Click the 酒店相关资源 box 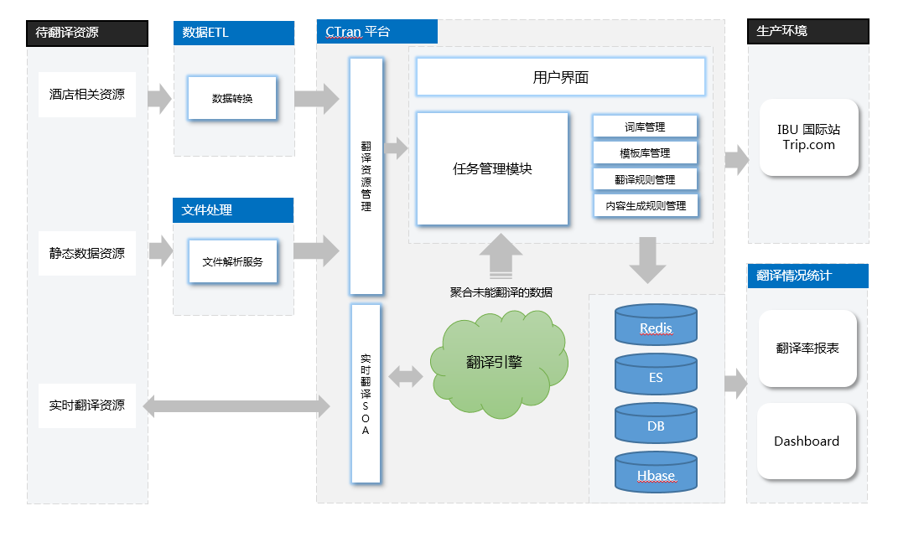(x=87, y=95)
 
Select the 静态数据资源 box (x=87, y=254)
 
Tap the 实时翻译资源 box (x=87, y=405)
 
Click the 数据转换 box (x=232, y=99)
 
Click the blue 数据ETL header (x=234, y=34)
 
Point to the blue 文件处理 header (x=234, y=210)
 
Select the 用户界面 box (x=560, y=78)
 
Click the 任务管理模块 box (x=492, y=169)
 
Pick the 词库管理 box (x=645, y=127)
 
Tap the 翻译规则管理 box (x=645, y=179)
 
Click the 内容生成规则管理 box (x=645, y=205)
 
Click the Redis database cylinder (x=656, y=325)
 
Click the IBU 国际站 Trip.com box (x=808, y=137)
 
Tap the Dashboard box (x=807, y=441)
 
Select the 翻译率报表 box (x=807, y=348)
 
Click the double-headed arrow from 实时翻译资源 (x=236, y=407)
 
